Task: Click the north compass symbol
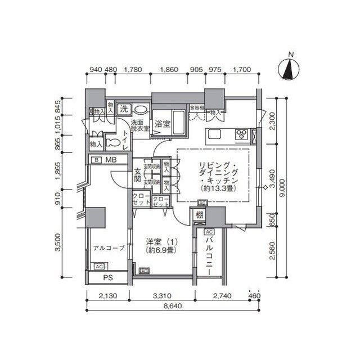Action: pos(291,70)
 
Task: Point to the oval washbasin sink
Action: pos(141,110)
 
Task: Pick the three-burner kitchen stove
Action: pos(242,134)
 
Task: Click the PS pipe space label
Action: pos(107,278)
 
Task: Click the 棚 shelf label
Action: pos(200,214)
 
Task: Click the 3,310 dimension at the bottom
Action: pos(165,296)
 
